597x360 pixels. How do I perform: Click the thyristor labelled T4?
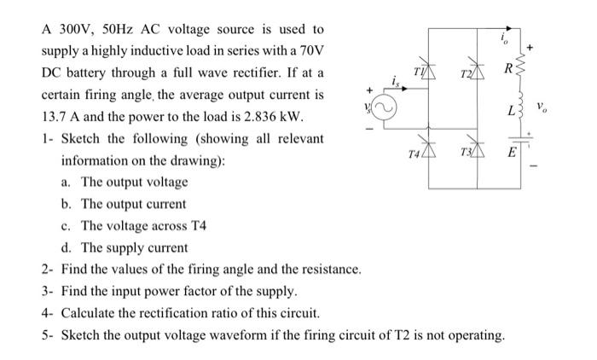pos(427,148)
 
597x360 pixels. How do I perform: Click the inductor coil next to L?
pos(521,108)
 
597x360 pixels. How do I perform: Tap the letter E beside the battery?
pos(510,152)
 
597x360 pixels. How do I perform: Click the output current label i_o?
pos(506,37)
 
